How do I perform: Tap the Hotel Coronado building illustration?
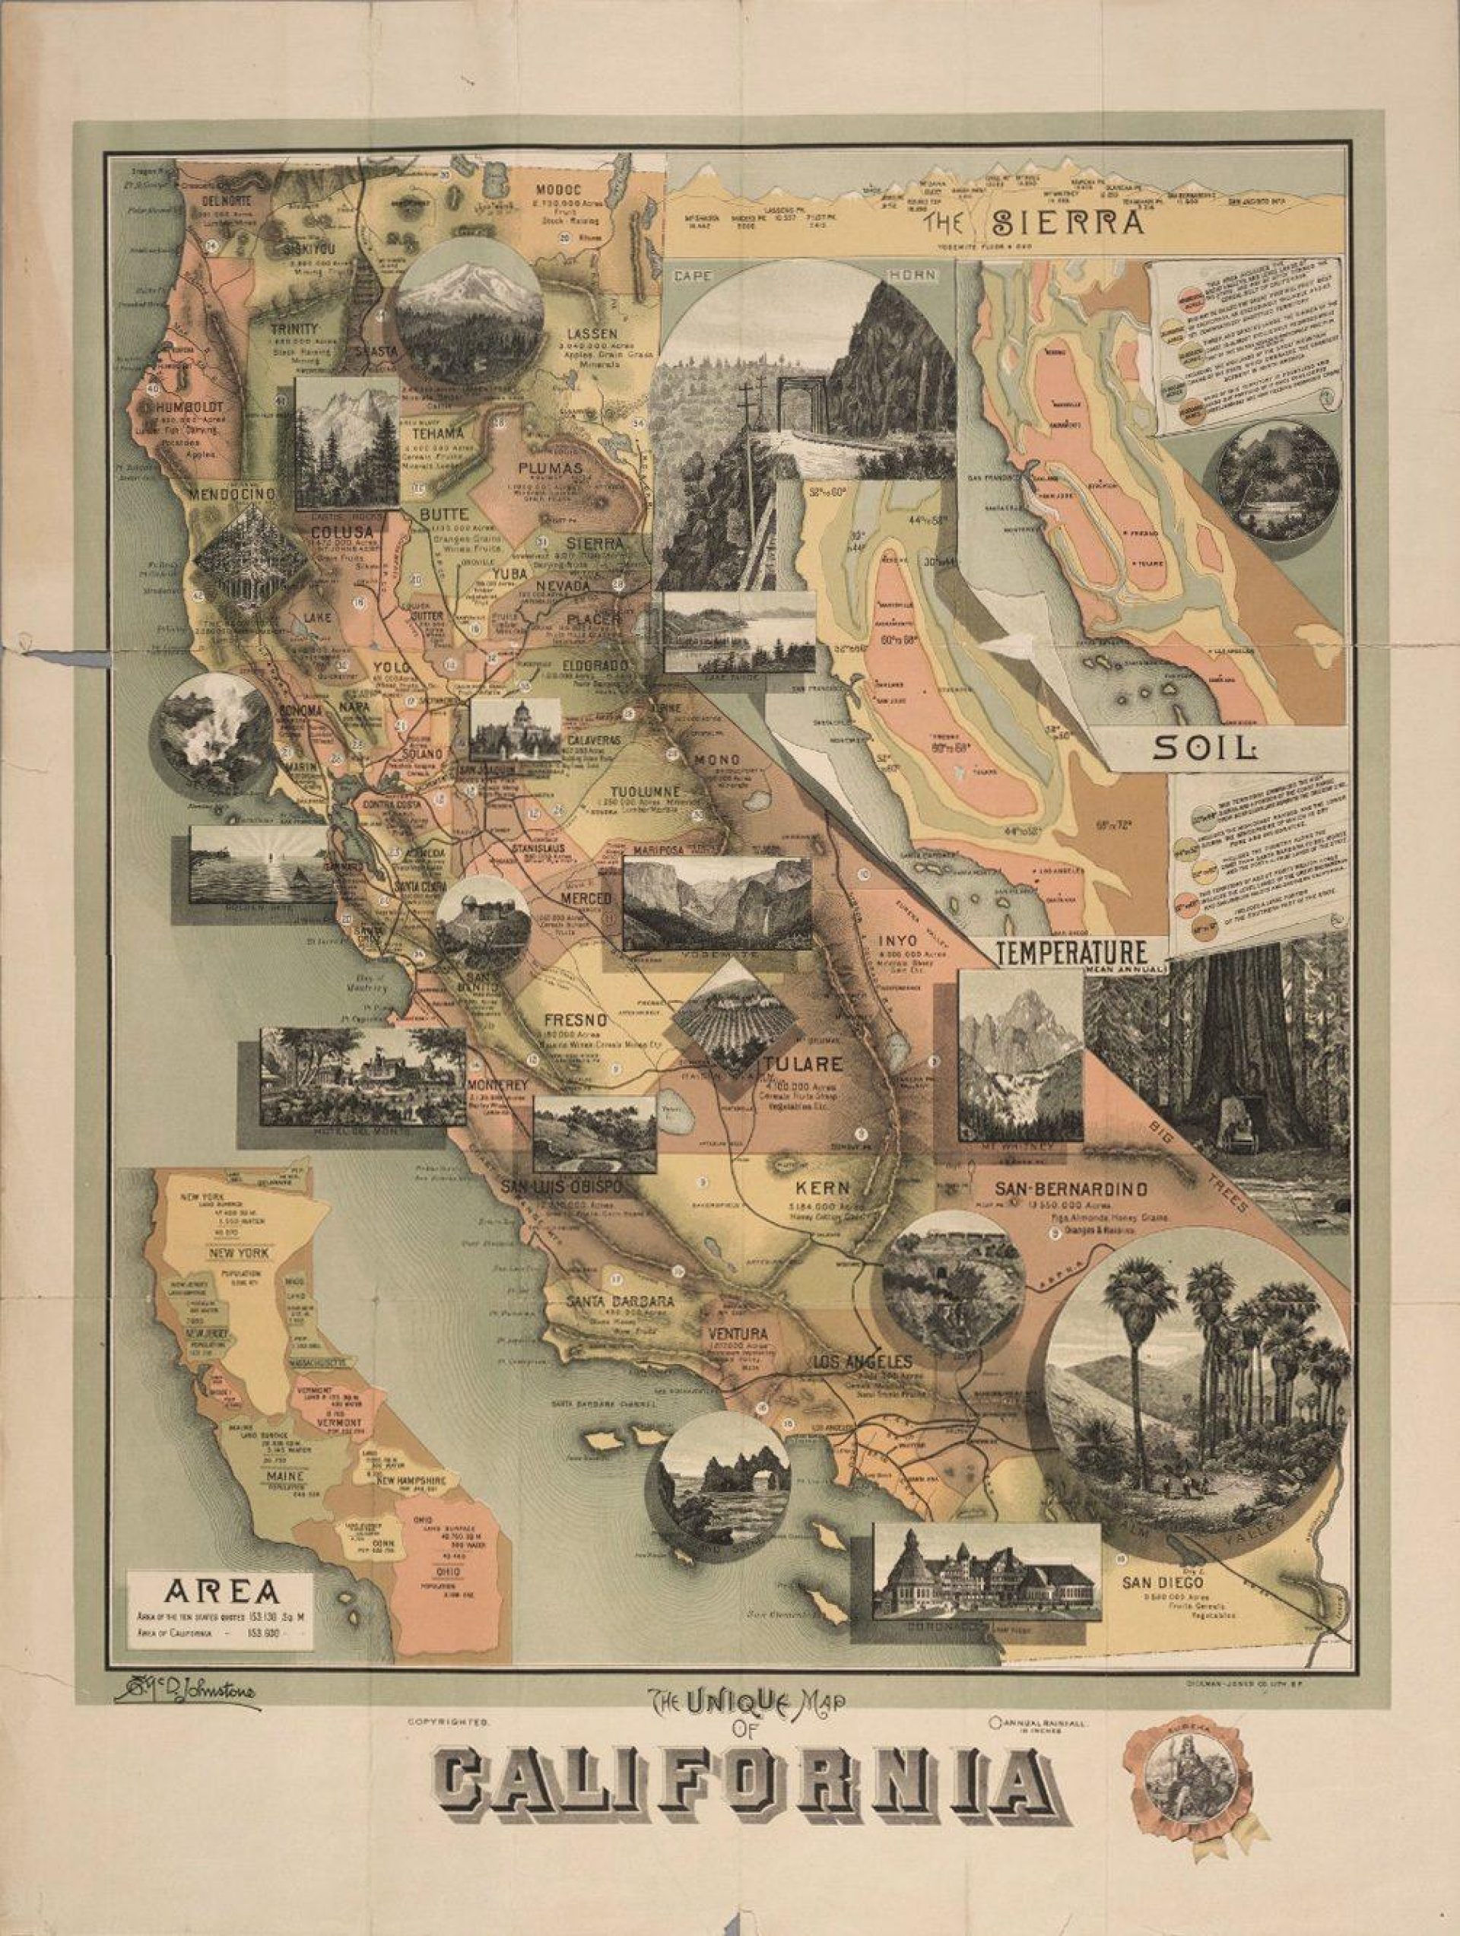[x=986, y=1573]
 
